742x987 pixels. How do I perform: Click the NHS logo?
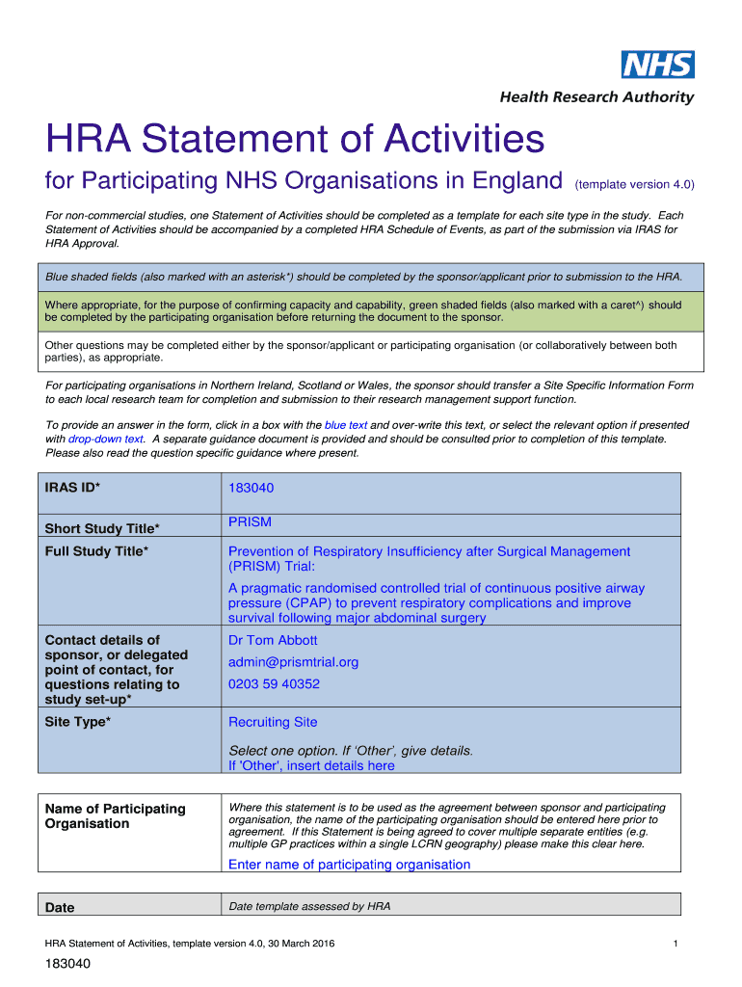pyautogui.click(x=657, y=65)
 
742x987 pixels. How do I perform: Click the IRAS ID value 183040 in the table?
pyautogui.click(x=251, y=489)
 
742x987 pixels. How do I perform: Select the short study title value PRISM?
pyautogui.click(x=250, y=522)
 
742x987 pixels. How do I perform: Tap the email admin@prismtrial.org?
pyautogui.click(x=293, y=662)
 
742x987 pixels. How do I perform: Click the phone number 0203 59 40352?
pyautogui.click(x=274, y=684)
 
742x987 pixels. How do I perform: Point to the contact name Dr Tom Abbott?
pyautogui.click(x=273, y=640)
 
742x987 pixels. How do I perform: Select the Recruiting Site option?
pyautogui.click(x=273, y=722)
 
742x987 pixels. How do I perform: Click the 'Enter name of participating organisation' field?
pyautogui.click(x=349, y=865)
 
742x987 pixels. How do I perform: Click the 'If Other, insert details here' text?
pyautogui.click(x=311, y=765)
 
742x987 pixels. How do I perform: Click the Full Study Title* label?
pyautogui.click(x=96, y=551)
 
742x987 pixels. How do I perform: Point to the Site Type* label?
pyautogui.click(x=78, y=722)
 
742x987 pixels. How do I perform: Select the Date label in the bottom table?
pyautogui.click(x=60, y=907)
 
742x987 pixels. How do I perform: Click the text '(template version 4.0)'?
pyautogui.click(x=634, y=184)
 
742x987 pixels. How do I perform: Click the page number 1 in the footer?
pyautogui.click(x=677, y=944)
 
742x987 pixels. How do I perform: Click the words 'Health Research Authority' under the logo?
pyautogui.click(x=596, y=97)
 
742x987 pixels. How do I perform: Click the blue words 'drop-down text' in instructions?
pyautogui.click(x=106, y=439)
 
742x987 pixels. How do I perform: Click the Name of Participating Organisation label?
pyautogui.click(x=115, y=815)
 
